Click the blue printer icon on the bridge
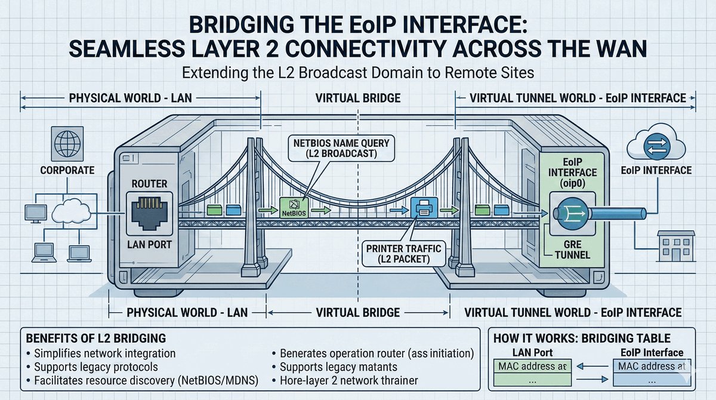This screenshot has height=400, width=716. (422, 210)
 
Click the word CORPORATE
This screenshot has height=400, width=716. (67, 170)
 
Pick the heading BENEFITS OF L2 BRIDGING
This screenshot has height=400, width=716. (95, 339)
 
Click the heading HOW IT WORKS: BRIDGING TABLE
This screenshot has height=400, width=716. (583, 339)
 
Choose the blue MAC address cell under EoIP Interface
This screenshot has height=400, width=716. (651, 365)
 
